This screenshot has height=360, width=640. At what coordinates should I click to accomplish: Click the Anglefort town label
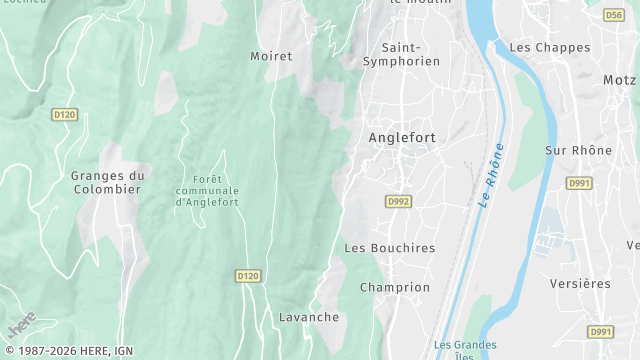coord(402,138)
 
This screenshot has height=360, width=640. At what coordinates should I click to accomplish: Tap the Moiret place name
coord(271,57)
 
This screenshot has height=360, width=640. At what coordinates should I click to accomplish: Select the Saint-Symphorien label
coord(411,54)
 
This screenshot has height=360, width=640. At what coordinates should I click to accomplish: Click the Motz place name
coord(619,79)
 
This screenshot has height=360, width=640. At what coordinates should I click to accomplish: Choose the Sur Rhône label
coord(578,150)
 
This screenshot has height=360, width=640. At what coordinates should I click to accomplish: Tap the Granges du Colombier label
coord(108,182)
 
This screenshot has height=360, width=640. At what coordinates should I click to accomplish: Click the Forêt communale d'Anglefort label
coord(207,190)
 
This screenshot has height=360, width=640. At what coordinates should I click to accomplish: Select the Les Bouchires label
coord(390,247)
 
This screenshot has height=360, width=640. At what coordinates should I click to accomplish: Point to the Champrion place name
coord(395,287)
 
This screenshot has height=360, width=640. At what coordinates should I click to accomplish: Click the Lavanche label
coord(308,317)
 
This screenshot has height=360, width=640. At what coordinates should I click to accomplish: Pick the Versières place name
coord(580,283)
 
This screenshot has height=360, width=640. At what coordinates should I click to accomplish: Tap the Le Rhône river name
coord(490,174)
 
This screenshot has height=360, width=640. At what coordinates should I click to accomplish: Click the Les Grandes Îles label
coord(465,348)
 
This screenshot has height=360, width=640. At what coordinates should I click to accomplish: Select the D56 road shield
coord(614,15)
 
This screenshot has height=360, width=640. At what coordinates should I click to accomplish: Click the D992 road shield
coord(398,201)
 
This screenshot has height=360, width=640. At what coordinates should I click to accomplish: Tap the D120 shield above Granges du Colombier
coord(65,115)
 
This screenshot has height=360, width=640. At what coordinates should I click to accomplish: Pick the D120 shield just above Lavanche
coord(248,275)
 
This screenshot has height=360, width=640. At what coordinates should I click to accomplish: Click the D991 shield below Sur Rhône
coord(578,183)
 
